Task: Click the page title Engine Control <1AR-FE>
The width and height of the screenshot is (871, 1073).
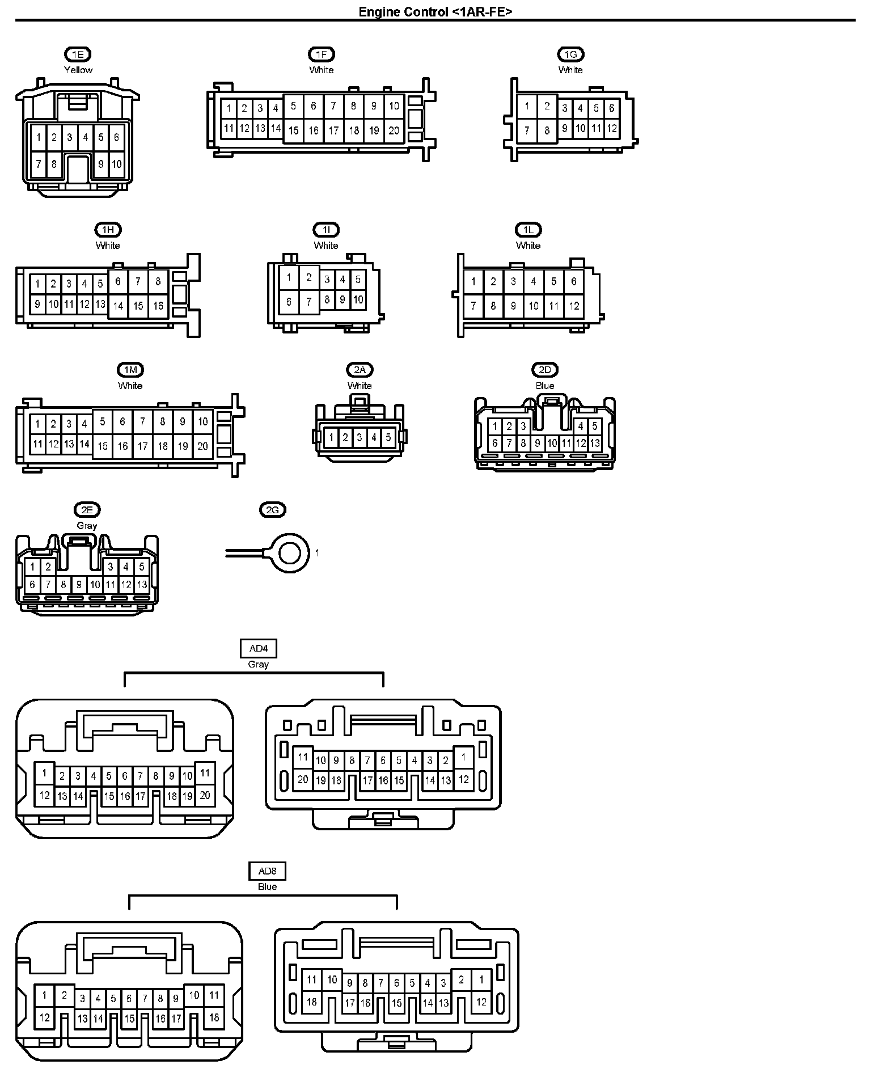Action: click(435, 12)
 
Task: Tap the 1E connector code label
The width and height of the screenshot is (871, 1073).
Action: click(78, 54)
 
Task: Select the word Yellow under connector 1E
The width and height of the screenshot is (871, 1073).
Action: click(78, 70)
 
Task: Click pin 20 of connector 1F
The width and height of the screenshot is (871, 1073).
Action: click(394, 130)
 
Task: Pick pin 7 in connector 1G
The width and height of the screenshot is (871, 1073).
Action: click(527, 130)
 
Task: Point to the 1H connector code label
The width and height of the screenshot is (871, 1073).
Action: click(108, 230)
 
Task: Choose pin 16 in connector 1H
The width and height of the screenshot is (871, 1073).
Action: click(158, 306)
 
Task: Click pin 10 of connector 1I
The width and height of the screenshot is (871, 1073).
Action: click(358, 299)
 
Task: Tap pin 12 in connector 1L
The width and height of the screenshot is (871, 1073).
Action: click(574, 306)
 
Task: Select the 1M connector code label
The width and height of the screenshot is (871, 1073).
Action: click(130, 370)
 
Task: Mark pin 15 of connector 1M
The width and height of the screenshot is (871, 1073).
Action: click(103, 446)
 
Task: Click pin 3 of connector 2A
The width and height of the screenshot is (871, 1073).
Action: click(360, 437)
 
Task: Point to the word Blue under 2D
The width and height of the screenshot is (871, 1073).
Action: click(545, 386)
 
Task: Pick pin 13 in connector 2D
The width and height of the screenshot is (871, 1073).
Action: click(595, 443)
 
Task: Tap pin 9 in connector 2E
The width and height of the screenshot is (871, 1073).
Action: click(79, 584)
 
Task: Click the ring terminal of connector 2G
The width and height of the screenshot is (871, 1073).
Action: click(290, 552)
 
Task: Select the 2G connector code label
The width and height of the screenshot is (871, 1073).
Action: click(273, 510)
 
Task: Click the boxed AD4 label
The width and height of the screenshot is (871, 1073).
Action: click(259, 648)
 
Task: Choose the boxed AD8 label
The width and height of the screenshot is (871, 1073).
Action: click(267, 871)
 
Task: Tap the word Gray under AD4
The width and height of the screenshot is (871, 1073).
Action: click(259, 664)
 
